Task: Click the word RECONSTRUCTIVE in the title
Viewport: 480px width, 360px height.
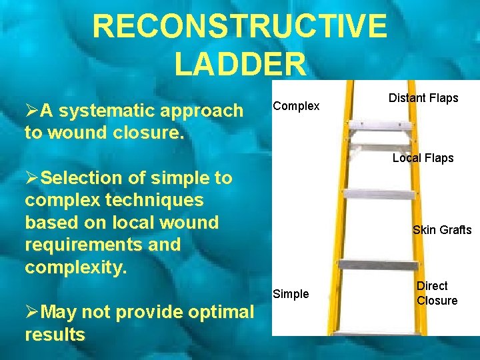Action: point(239,27)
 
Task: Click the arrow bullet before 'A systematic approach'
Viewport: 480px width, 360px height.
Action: point(31,111)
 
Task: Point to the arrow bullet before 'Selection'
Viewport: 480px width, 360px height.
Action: point(31,179)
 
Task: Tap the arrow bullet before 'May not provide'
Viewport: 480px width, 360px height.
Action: point(31,312)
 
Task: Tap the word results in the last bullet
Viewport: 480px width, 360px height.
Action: point(55,334)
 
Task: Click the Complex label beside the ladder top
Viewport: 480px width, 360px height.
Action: point(296,107)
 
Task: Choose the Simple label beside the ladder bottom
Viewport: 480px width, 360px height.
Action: point(291,294)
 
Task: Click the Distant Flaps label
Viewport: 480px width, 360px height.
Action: point(423,98)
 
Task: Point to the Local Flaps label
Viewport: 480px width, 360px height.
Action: point(423,158)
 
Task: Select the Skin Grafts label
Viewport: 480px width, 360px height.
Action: point(441,230)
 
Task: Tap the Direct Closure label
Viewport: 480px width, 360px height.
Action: point(437,293)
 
